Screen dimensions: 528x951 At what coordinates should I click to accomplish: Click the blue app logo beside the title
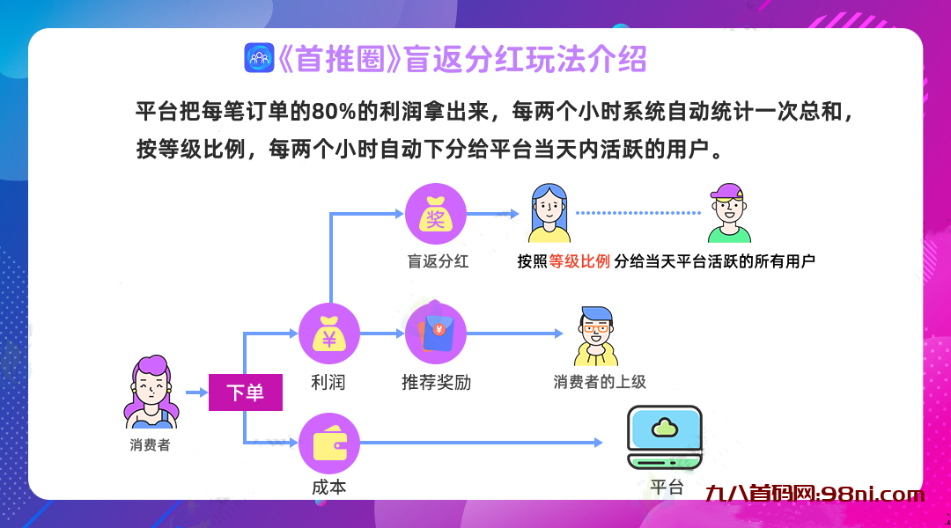[259, 58]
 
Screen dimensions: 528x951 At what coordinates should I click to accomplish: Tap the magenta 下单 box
[245, 392]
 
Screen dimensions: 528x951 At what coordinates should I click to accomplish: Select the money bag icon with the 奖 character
[435, 214]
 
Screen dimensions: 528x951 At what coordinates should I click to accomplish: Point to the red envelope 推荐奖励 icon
[435, 334]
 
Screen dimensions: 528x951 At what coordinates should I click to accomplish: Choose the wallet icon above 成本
[329, 443]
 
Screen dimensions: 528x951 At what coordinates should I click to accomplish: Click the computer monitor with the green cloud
[664, 436]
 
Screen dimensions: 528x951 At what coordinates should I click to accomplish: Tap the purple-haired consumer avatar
[151, 392]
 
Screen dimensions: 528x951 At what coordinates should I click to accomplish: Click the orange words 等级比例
[579, 261]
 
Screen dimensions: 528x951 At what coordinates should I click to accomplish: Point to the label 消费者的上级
[600, 382]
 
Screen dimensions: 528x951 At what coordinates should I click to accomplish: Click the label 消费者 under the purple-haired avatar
[150, 445]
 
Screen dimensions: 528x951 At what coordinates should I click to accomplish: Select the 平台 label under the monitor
[666, 487]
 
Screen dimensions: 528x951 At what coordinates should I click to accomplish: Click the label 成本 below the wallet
[329, 487]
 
